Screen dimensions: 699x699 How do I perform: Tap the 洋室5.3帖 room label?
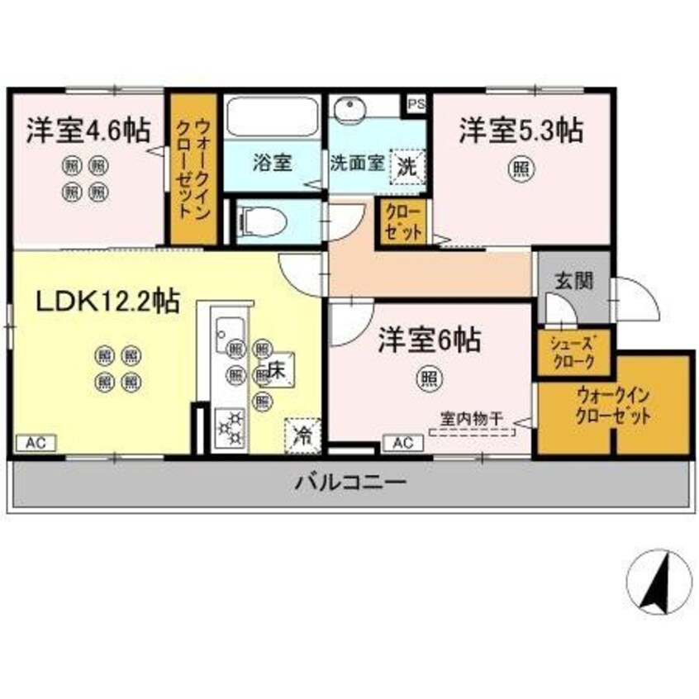pyautogui.click(x=521, y=130)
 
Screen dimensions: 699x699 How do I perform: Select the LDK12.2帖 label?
pyautogui.click(x=107, y=302)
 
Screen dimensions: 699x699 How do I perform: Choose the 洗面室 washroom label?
pyautogui.click(x=357, y=162)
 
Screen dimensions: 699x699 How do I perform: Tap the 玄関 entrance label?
pyautogui.click(x=573, y=280)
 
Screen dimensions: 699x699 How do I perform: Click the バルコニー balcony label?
pyautogui.click(x=350, y=481)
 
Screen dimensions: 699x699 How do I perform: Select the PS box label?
pyautogui.click(x=416, y=104)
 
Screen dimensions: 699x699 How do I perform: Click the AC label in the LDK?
pyautogui.click(x=35, y=443)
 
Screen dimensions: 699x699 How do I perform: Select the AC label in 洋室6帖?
pyautogui.click(x=402, y=443)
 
